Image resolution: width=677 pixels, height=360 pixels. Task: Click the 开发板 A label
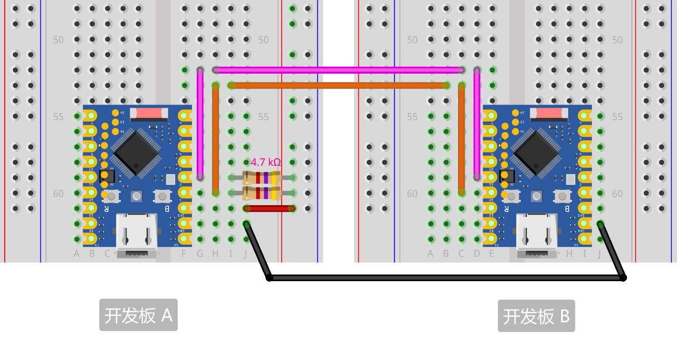pos(138,315)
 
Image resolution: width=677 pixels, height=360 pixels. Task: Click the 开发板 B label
pos(536,316)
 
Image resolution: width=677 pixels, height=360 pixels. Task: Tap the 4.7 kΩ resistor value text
pos(266,162)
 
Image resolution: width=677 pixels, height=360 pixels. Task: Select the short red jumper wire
pos(269,208)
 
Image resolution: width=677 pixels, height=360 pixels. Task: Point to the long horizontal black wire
pos(447,278)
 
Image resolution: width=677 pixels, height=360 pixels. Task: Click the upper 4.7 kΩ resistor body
pos(262,178)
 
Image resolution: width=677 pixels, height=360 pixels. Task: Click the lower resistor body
pos(262,193)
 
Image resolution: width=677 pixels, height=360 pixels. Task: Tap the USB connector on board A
pos(137,233)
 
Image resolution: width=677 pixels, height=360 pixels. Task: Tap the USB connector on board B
pos(537,233)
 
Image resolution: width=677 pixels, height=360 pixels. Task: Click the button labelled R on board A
pos(112,196)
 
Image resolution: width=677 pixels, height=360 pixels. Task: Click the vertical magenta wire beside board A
pos(200,123)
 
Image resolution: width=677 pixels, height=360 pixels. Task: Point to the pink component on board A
pos(149,113)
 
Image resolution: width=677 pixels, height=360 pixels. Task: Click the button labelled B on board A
pos(162,196)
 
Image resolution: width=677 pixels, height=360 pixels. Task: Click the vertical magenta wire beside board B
pos(477,123)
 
